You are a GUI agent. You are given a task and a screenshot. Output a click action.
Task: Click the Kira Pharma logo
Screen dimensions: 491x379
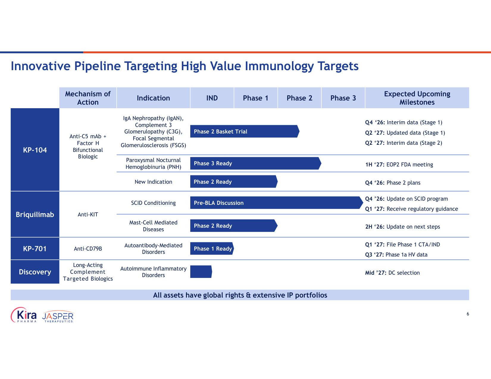[24, 315]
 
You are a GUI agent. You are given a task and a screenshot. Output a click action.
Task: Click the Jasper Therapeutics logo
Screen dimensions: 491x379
[58, 316]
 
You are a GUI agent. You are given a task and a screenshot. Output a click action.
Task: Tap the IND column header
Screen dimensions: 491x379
[212, 98]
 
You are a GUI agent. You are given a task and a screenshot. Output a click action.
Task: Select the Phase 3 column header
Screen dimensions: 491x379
[343, 98]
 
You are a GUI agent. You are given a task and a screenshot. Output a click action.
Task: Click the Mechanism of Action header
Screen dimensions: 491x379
[88, 98]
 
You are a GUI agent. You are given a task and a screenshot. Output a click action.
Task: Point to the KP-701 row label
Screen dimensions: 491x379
[35, 249]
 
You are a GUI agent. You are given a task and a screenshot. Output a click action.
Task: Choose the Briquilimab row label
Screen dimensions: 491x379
[35, 214]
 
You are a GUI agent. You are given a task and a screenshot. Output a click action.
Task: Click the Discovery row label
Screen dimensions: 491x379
[35, 272]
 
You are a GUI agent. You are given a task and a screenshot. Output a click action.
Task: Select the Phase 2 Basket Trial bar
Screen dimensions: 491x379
[245, 131]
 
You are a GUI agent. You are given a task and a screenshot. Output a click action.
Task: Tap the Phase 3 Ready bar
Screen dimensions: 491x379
[256, 163]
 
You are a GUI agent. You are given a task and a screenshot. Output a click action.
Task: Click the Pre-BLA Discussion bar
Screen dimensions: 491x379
[276, 203]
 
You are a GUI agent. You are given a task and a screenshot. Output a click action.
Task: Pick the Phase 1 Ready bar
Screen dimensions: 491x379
[212, 249]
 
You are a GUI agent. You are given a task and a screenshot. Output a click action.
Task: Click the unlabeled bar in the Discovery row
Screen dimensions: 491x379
[201, 272]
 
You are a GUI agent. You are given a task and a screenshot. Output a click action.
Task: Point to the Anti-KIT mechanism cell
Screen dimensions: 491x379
[88, 214]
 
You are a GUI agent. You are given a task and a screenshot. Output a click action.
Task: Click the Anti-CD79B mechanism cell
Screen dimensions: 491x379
[88, 249]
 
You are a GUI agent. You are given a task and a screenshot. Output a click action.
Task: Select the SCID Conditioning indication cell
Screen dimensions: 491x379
[154, 203]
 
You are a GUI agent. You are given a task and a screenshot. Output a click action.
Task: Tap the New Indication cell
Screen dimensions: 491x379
[154, 182]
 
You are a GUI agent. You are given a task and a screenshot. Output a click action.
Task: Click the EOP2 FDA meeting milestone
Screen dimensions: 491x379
[399, 164]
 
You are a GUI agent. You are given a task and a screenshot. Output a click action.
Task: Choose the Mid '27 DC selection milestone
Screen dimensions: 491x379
[393, 273]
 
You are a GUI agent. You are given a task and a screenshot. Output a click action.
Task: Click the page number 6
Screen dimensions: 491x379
[468, 314]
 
